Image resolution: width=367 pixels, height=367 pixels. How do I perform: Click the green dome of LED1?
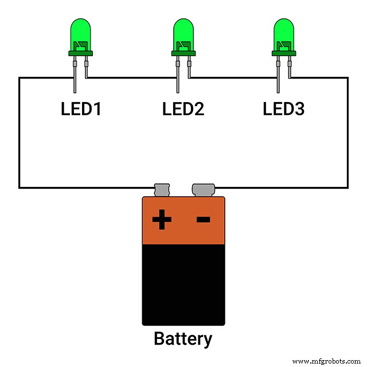pyautogui.click(x=80, y=34)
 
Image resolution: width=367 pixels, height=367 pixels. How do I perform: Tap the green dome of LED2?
pyautogui.click(x=183, y=34)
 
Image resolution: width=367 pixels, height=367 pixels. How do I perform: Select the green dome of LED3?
pyautogui.click(x=284, y=34)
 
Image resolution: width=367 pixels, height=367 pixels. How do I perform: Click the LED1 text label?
pyautogui.click(x=81, y=108)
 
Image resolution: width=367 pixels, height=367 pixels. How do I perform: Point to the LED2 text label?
pyautogui.click(x=183, y=108)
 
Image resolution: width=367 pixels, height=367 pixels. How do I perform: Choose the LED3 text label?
pyautogui.click(x=284, y=108)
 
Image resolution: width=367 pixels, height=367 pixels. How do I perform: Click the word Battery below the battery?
pyautogui.click(x=183, y=339)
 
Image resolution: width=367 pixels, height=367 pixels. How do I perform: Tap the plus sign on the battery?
pyautogui.click(x=162, y=219)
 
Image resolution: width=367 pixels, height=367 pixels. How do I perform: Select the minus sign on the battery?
pyautogui.click(x=203, y=219)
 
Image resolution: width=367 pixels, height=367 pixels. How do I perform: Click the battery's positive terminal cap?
pyautogui.click(x=162, y=189)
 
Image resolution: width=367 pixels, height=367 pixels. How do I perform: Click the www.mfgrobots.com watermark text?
pyautogui.click(x=327, y=361)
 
